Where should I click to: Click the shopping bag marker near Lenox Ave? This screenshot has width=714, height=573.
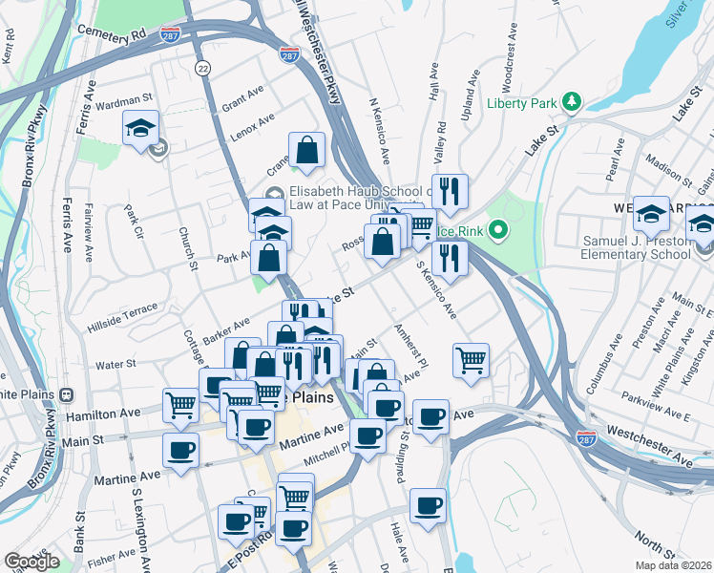tap(306, 151)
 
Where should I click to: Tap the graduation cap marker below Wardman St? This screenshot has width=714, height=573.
tap(141, 129)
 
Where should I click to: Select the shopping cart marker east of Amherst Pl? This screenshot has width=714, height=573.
tap(471, 361)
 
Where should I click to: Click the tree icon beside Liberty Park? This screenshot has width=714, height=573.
tap(571, 100)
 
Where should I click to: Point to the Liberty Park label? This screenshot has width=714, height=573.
tap(523, 103)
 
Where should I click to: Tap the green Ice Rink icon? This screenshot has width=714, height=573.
tap(496, 230)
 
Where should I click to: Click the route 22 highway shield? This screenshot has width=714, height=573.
tap(202, 68)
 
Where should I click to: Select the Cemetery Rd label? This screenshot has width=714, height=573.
tap(114, 32)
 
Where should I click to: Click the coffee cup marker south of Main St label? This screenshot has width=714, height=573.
tap(180, 450)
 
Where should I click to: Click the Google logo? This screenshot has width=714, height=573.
tap(31, 562)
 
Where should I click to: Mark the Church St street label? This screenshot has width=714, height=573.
tap(187, 248)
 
